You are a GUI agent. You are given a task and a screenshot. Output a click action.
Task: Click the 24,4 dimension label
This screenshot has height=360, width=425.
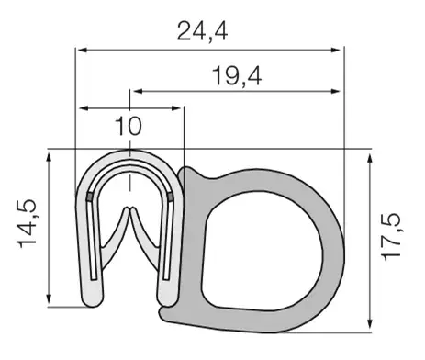coord(202,32)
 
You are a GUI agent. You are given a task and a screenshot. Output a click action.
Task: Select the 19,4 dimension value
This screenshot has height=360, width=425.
coord(237,76)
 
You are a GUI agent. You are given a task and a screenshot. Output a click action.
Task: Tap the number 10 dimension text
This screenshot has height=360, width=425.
coord(129,126)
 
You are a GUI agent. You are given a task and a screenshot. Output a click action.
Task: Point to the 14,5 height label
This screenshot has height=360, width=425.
coord(28,223)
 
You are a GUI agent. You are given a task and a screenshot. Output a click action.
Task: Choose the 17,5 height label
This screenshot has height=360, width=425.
coord(391,237)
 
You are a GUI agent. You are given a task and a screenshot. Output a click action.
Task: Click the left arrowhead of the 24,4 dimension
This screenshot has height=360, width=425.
coord(82,50)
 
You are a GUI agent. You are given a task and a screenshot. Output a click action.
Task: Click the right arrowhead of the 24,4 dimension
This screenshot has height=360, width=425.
coord(335,50)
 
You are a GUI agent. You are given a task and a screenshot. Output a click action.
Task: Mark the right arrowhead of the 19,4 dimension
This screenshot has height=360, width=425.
coord(335,91)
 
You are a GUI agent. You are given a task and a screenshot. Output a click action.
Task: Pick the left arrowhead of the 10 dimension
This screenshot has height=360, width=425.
coord(84,108)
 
